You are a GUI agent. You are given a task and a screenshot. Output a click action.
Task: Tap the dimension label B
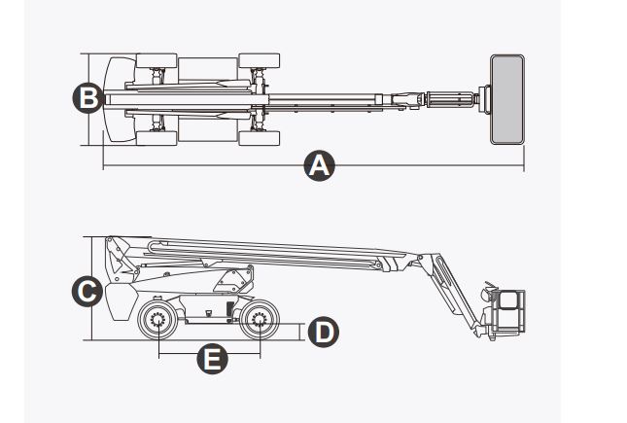[87, 97]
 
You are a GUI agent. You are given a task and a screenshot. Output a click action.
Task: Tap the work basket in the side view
[507, 312]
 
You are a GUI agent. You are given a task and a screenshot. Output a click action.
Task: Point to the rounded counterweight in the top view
[119, 97]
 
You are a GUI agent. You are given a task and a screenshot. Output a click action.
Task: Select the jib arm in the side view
[453, 292]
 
